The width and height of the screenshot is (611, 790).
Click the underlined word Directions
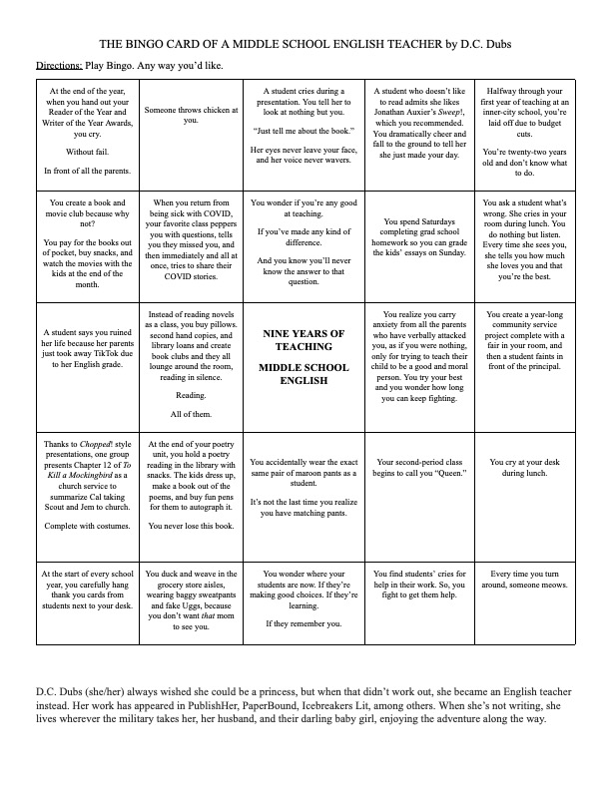coord(58,66)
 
